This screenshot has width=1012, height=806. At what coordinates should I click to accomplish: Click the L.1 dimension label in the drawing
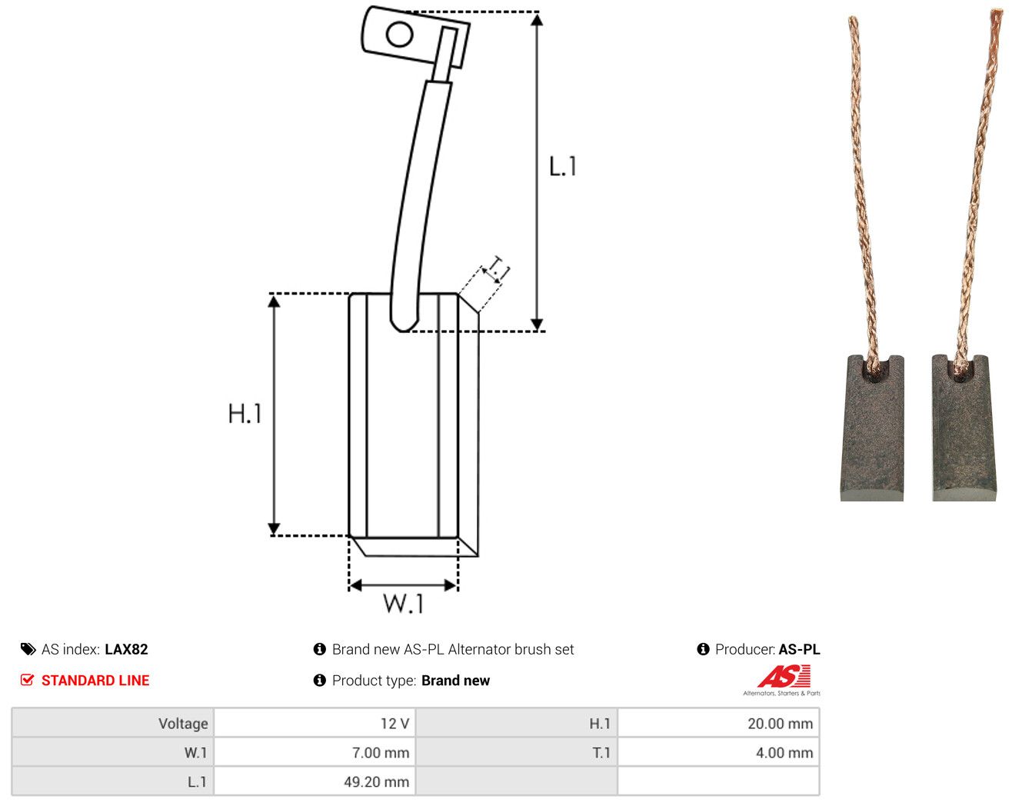[562, 166]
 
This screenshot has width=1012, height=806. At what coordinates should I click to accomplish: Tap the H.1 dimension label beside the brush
[245, 413]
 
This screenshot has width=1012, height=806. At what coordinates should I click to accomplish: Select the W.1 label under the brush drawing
[404, 603]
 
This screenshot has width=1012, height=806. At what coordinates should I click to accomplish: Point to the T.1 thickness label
[498, 268]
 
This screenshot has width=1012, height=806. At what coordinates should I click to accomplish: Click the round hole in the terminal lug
[399, 34]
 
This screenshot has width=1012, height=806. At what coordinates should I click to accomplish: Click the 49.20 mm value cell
[376, 781]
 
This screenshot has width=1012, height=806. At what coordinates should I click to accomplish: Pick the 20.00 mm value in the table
[781, 723]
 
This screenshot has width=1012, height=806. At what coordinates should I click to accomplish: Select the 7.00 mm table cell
[381, 752]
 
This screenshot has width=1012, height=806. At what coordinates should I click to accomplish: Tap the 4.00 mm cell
[784, 752]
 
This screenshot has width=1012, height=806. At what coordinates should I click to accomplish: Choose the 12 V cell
[395, 723]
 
